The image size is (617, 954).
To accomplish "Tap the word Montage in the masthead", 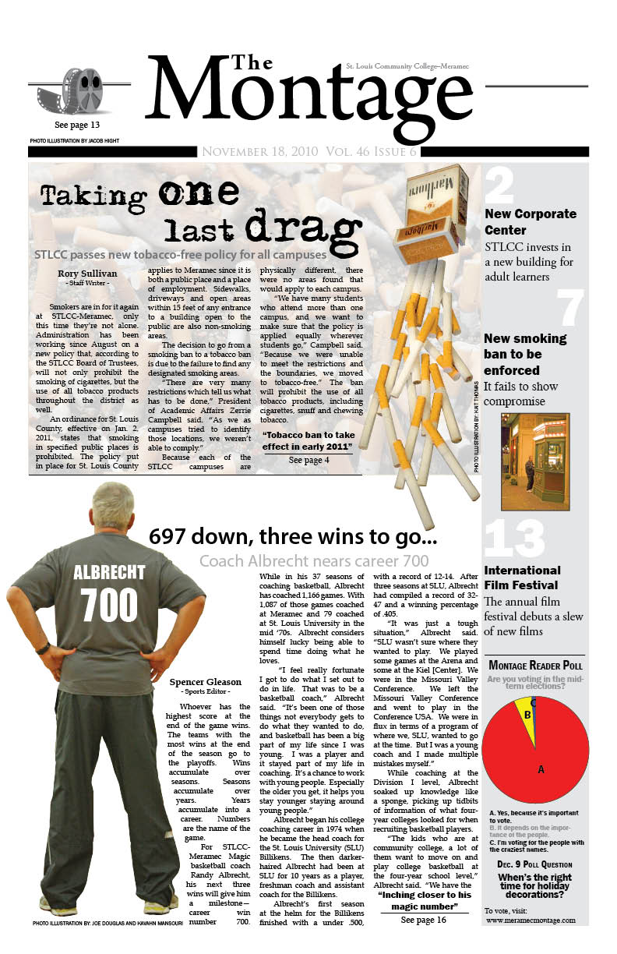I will click(308, 97).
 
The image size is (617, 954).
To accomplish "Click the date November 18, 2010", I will click(257, 152).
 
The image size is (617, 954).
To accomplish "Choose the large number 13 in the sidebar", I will click(514, 538).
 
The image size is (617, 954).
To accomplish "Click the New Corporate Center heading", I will click(530, 221).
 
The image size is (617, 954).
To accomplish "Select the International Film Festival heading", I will click(522, 578).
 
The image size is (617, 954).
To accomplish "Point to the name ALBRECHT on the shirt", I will click(109, 573).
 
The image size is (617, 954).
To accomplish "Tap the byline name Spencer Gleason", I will click(205, 682).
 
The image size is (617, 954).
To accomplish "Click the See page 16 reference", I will click(424, 920).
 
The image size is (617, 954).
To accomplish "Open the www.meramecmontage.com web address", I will click(531, 920).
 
